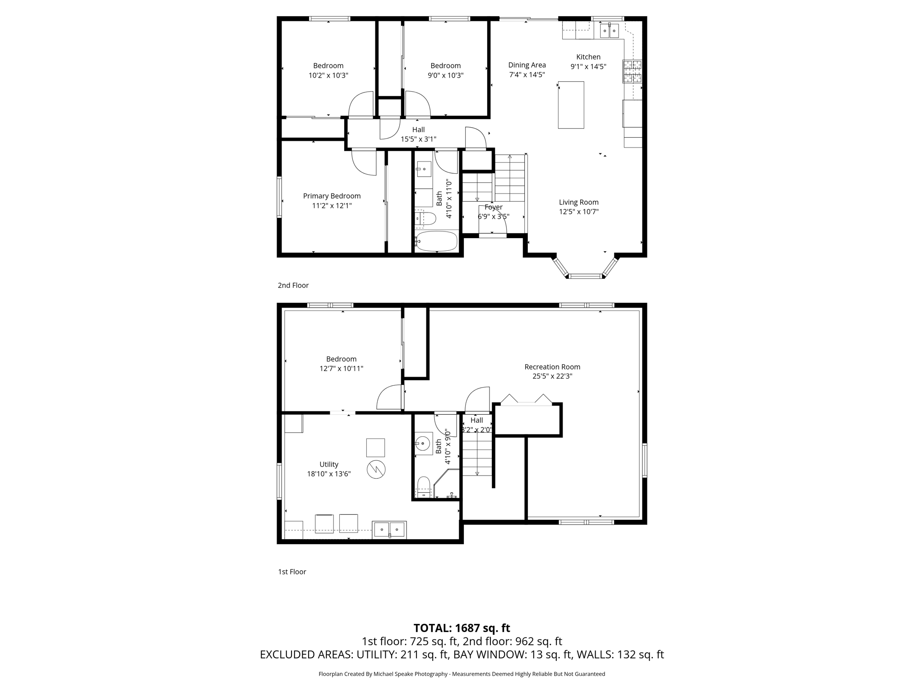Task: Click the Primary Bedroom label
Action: [x=332, y=196]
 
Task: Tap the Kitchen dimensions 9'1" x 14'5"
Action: [x=588, y=67]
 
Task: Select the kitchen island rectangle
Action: [x=571, y=105]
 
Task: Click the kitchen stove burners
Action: [x=632, y=72]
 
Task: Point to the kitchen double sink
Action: [x=609, y=31]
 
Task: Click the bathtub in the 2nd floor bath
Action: [x=436, y=241]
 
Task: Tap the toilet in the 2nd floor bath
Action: [x=425, y=219]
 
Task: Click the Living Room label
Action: [x=578, y=202]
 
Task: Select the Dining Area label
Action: [x=527, y=65]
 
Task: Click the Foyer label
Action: [x=493, y=207]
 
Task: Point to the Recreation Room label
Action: [x=552, y=367]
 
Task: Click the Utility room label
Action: [x=328, y=464]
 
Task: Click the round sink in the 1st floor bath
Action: [x=422, y=444]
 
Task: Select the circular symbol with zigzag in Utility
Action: [x=376, y=469]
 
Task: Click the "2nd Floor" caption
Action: [x=293, y=285]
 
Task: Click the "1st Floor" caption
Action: [x=292, y=572]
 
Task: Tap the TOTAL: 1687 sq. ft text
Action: [x=462, y=628]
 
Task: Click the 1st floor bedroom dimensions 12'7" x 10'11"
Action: [x=341, y=369]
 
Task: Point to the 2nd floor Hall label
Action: [x=418, y=129]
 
